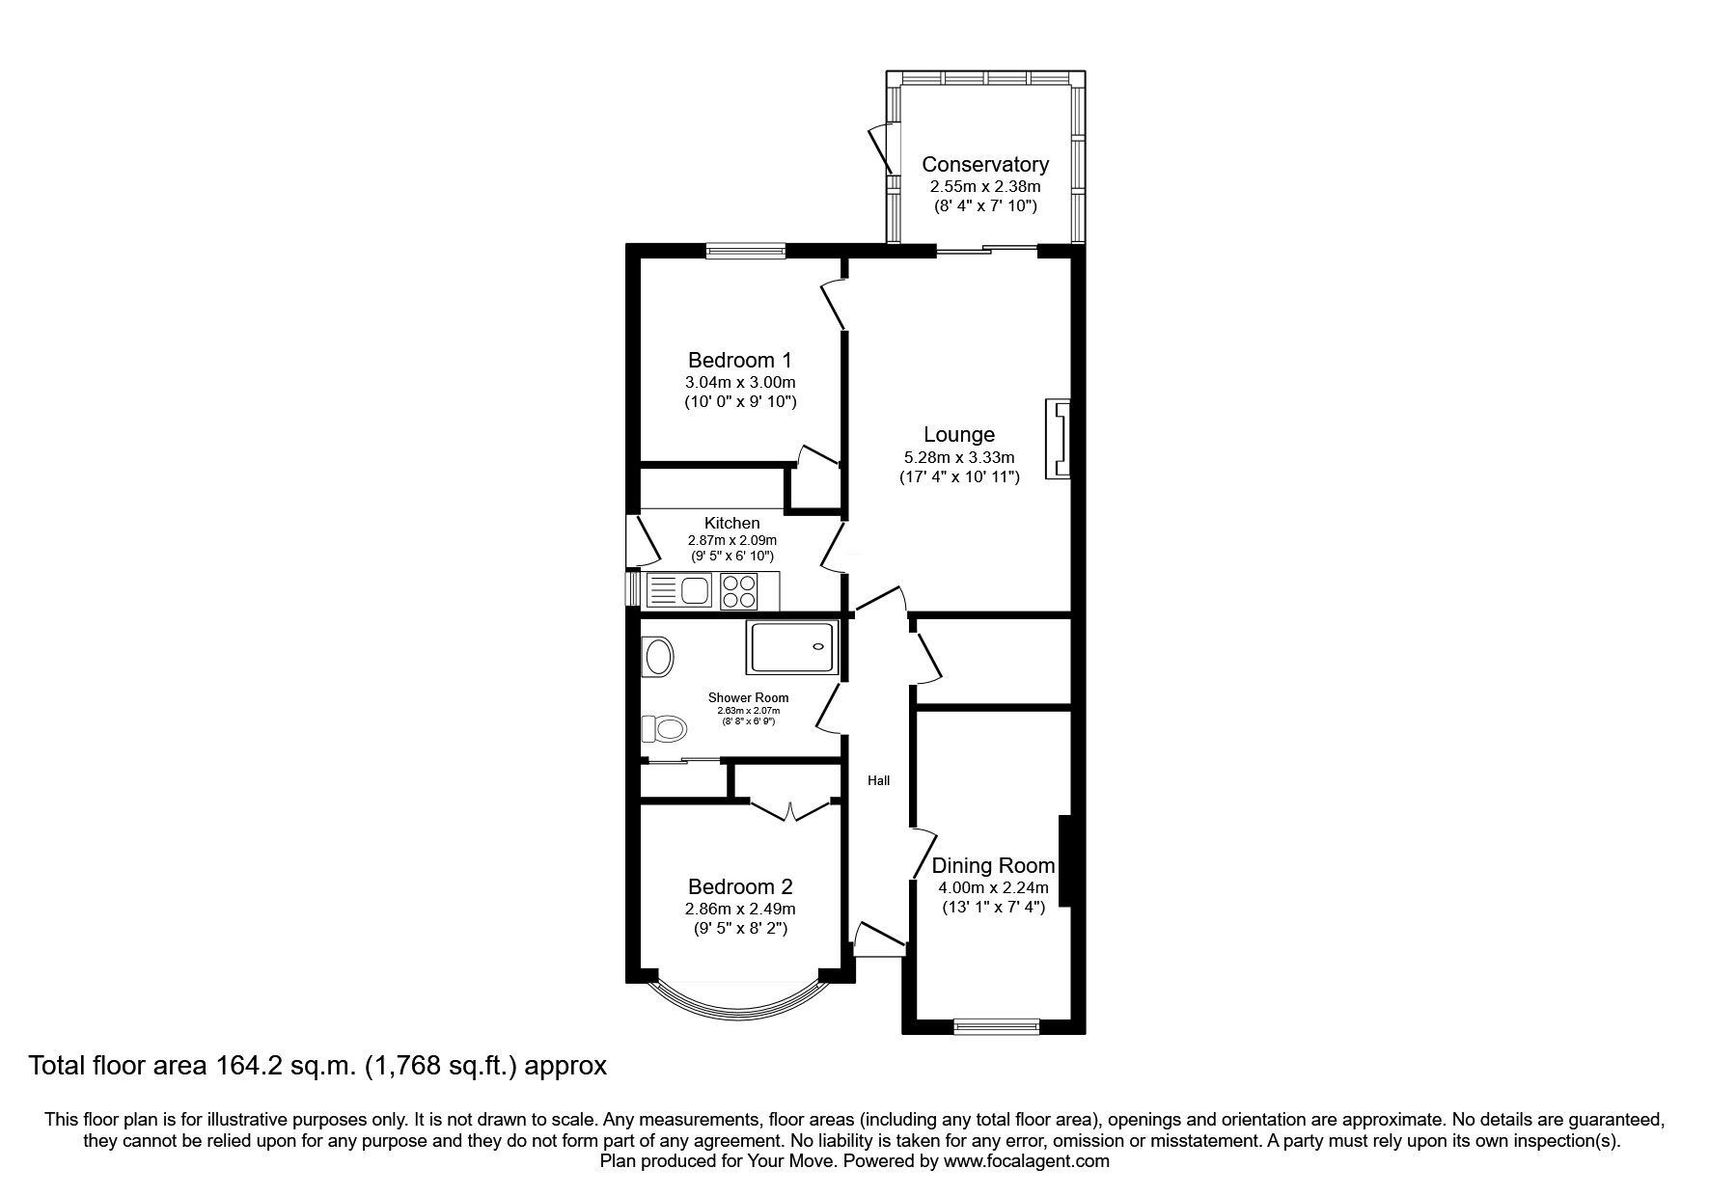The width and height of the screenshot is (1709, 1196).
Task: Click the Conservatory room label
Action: [x=984, y=164]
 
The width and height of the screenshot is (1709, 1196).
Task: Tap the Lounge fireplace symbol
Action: [x=1060, y=439]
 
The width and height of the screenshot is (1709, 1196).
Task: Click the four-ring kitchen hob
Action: [x=739, y=590]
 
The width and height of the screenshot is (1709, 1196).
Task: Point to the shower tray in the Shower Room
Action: [x=791, y=647]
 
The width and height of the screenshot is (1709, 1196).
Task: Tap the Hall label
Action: [x=878, y=780]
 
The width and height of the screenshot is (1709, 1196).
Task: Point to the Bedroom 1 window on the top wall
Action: [x=745, y=251]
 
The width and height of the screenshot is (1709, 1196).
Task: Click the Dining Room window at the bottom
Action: [x=997, y=1027]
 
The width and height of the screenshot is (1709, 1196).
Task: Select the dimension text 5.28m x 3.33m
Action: [x=958, y=457]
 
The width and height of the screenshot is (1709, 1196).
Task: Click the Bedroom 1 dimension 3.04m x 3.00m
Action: [x=740, y=382]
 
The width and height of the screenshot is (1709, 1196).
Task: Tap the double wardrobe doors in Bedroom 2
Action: [x=790, y=809]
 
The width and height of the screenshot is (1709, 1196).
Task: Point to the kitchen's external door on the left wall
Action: [x=637, y=541]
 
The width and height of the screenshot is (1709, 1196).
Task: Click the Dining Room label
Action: [x=993, y=866]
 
